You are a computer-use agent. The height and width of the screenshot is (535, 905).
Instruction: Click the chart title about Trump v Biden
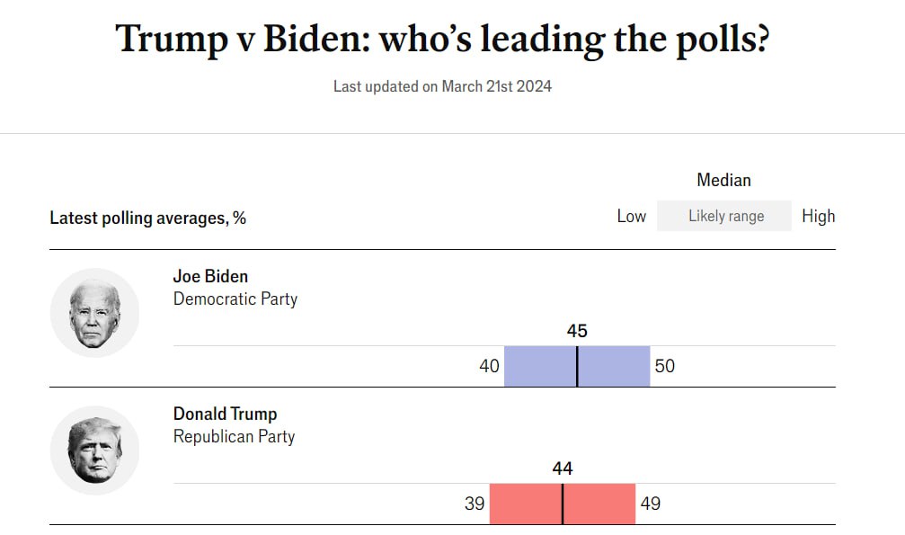[x=442, y=39]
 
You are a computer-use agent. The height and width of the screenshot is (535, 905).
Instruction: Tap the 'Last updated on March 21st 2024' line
[x=442, y=86]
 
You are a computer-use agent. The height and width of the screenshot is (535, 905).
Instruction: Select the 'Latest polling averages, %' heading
[x=147, y=218]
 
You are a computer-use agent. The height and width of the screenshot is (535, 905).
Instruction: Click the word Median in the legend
[x=723, y=180]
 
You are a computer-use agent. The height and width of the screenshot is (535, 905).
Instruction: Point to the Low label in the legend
[x=631, y=216]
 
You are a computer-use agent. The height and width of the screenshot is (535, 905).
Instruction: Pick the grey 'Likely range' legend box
[x=724, y=216]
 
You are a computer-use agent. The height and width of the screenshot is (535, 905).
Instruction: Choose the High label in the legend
[x=818, y=216]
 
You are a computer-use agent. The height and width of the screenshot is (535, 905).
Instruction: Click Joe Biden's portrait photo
[x=94, y=313]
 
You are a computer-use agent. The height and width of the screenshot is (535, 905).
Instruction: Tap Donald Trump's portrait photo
[x=94, y=450]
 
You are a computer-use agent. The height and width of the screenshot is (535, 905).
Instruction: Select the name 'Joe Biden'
[x=210, y=276]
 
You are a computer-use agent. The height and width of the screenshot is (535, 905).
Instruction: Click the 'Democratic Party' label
[x=235, y=299]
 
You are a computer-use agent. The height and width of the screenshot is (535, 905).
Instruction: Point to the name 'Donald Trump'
[x=225, y=414]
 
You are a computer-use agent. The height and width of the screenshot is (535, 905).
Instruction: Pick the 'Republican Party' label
[x=234, y=436]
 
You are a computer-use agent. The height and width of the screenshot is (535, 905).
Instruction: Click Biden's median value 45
[x=577, y=331]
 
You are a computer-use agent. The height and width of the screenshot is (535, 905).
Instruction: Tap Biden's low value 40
[x=489, y=366]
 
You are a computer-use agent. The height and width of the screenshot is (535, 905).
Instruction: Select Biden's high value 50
[x=664, y=366]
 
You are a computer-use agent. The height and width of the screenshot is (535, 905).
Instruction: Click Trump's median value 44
[x=563, y=468]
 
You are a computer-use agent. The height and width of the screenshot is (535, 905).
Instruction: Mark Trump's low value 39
[x=475, y=504]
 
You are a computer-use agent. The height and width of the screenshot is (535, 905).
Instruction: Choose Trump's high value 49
[x=650, y=504]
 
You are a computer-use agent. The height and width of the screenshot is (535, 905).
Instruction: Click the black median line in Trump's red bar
[x=563, y=504]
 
